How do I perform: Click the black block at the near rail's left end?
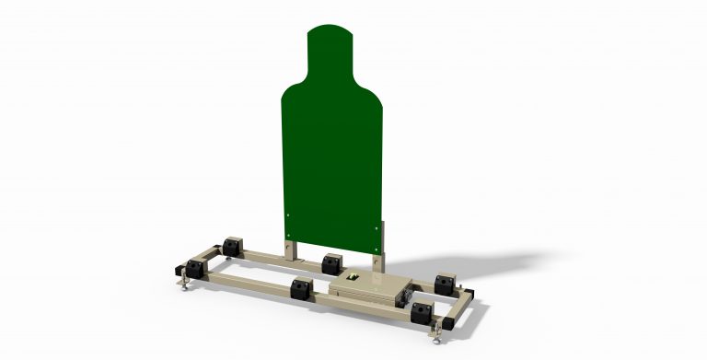pyautogui.click(x=195, y=270)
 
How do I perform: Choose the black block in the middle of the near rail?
pyautogui.click(x=301, y=290)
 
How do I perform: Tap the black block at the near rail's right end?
pyautogui.click(x=423, y=313)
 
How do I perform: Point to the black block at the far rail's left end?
pyautogui.click(x=230, y=246)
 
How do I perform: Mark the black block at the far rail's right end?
pyautogui.click(x=445, y=281)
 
